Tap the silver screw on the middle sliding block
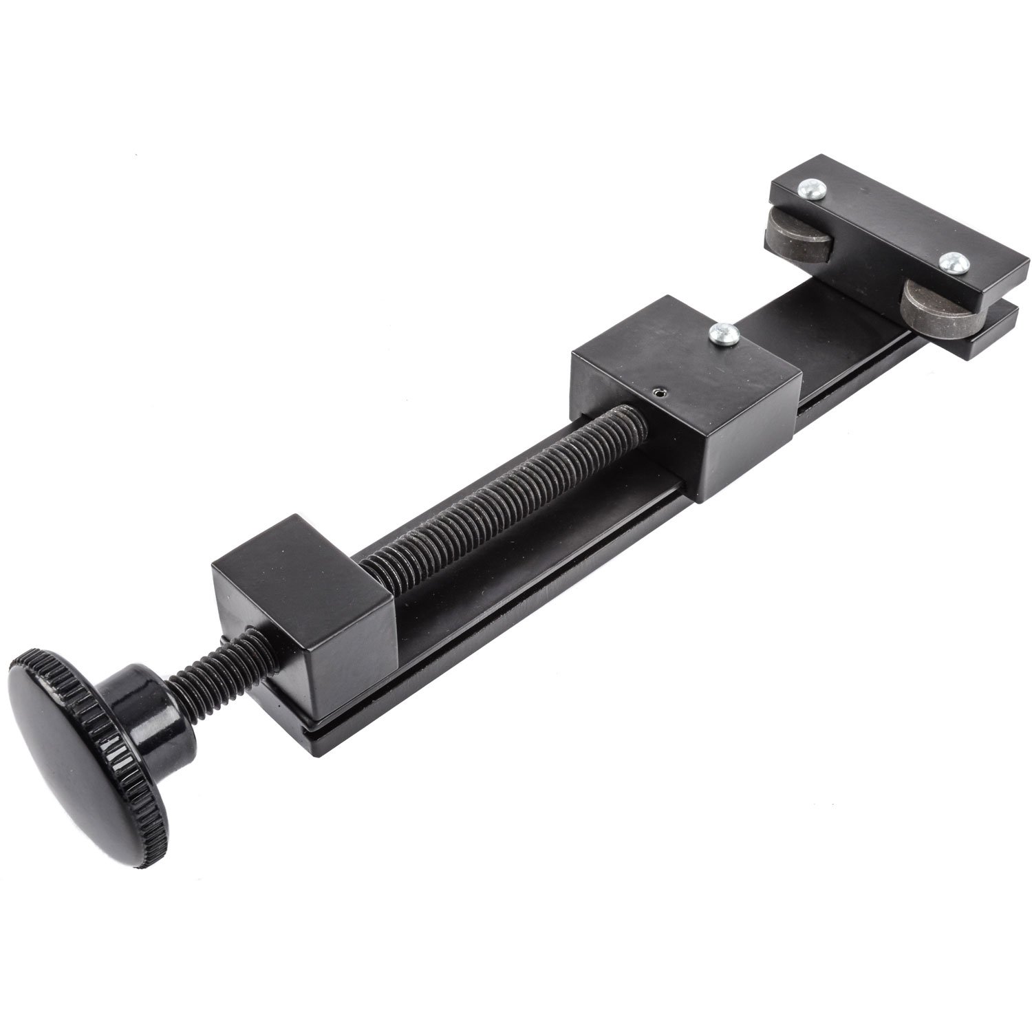724,335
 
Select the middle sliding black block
688,385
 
